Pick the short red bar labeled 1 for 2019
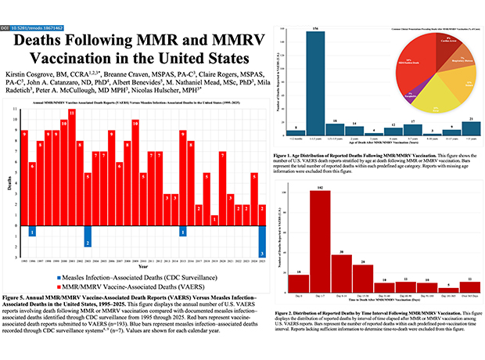coord(214,219)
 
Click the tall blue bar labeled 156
coord(315,81)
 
